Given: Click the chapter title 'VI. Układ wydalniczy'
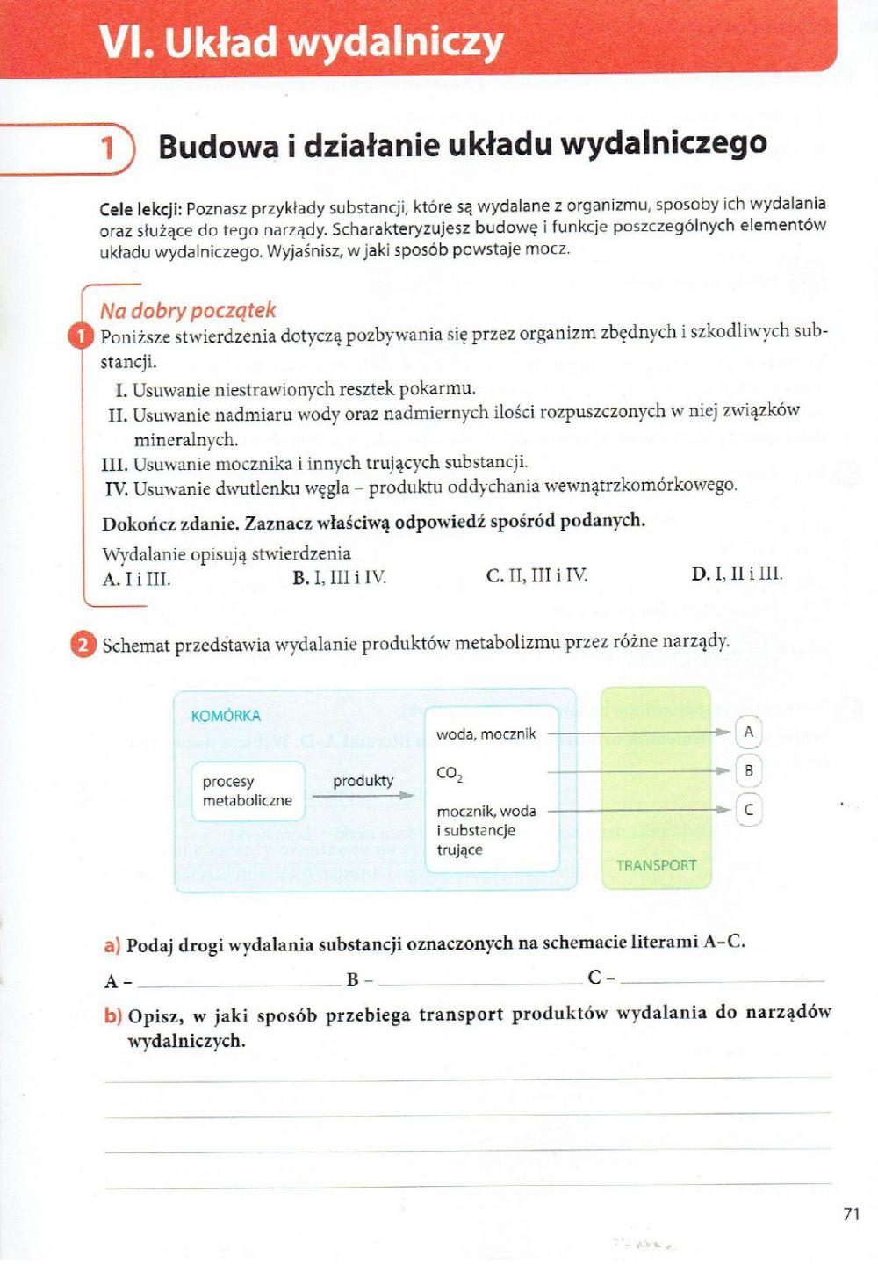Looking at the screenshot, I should tap(301, 43).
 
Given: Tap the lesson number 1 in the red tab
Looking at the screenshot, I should tap(108, 147).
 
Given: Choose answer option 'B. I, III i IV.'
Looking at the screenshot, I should tap(339, 578).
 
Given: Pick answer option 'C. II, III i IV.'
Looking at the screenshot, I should tap(536, 576).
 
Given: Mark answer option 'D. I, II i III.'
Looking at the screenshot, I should tap(737, 574).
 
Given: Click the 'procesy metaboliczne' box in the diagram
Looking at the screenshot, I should tap(247, 791).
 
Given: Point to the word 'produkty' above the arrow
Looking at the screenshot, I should tap(363, 781).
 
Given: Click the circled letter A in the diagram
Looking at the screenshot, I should tap(748, 732).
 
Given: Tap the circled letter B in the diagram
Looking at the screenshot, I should tap(748, 771).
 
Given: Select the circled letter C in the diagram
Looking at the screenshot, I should tap(748, 810).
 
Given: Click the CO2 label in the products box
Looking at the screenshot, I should tap(449, 774).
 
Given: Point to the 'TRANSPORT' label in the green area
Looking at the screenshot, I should tap(656, 865).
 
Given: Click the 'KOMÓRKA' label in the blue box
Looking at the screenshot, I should tap(226, 716).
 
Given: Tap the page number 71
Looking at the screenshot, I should tap(850, 1214).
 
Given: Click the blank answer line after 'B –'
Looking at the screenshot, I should tap(479, 979).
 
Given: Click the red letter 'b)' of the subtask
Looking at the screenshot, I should tap(112, 1016).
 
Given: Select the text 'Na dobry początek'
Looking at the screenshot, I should tap(188, 310).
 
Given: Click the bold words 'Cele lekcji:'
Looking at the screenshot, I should tap(140, 209).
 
